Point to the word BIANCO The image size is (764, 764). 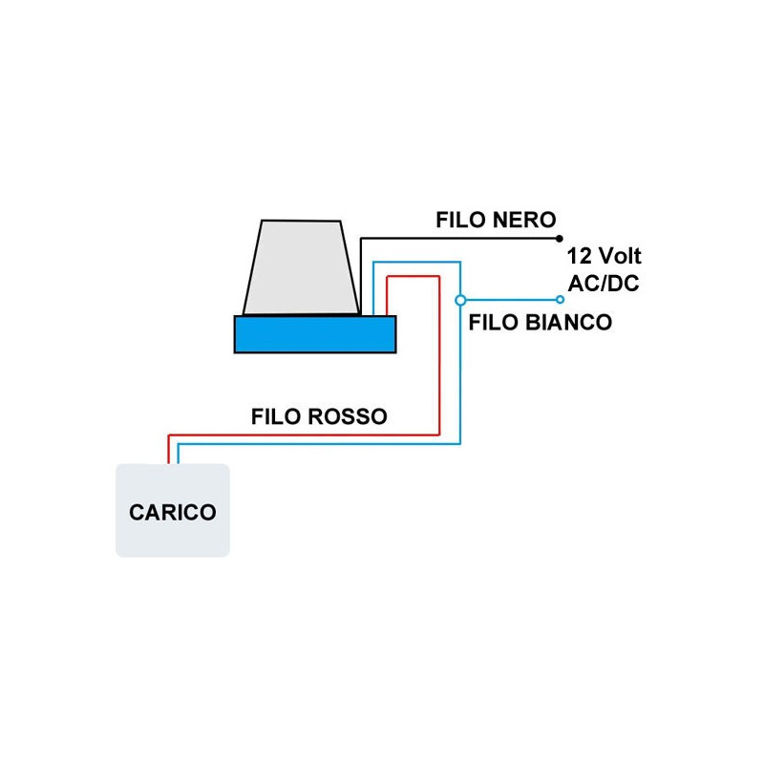568,322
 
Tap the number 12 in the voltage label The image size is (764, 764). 578,257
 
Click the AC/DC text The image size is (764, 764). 604,283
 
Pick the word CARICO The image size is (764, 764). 173,512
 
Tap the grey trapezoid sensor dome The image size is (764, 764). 301,267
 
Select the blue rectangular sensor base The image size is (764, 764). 315,334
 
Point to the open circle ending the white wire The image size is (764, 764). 560,299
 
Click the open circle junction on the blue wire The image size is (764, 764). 461,299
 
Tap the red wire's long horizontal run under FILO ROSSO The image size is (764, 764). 306,435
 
